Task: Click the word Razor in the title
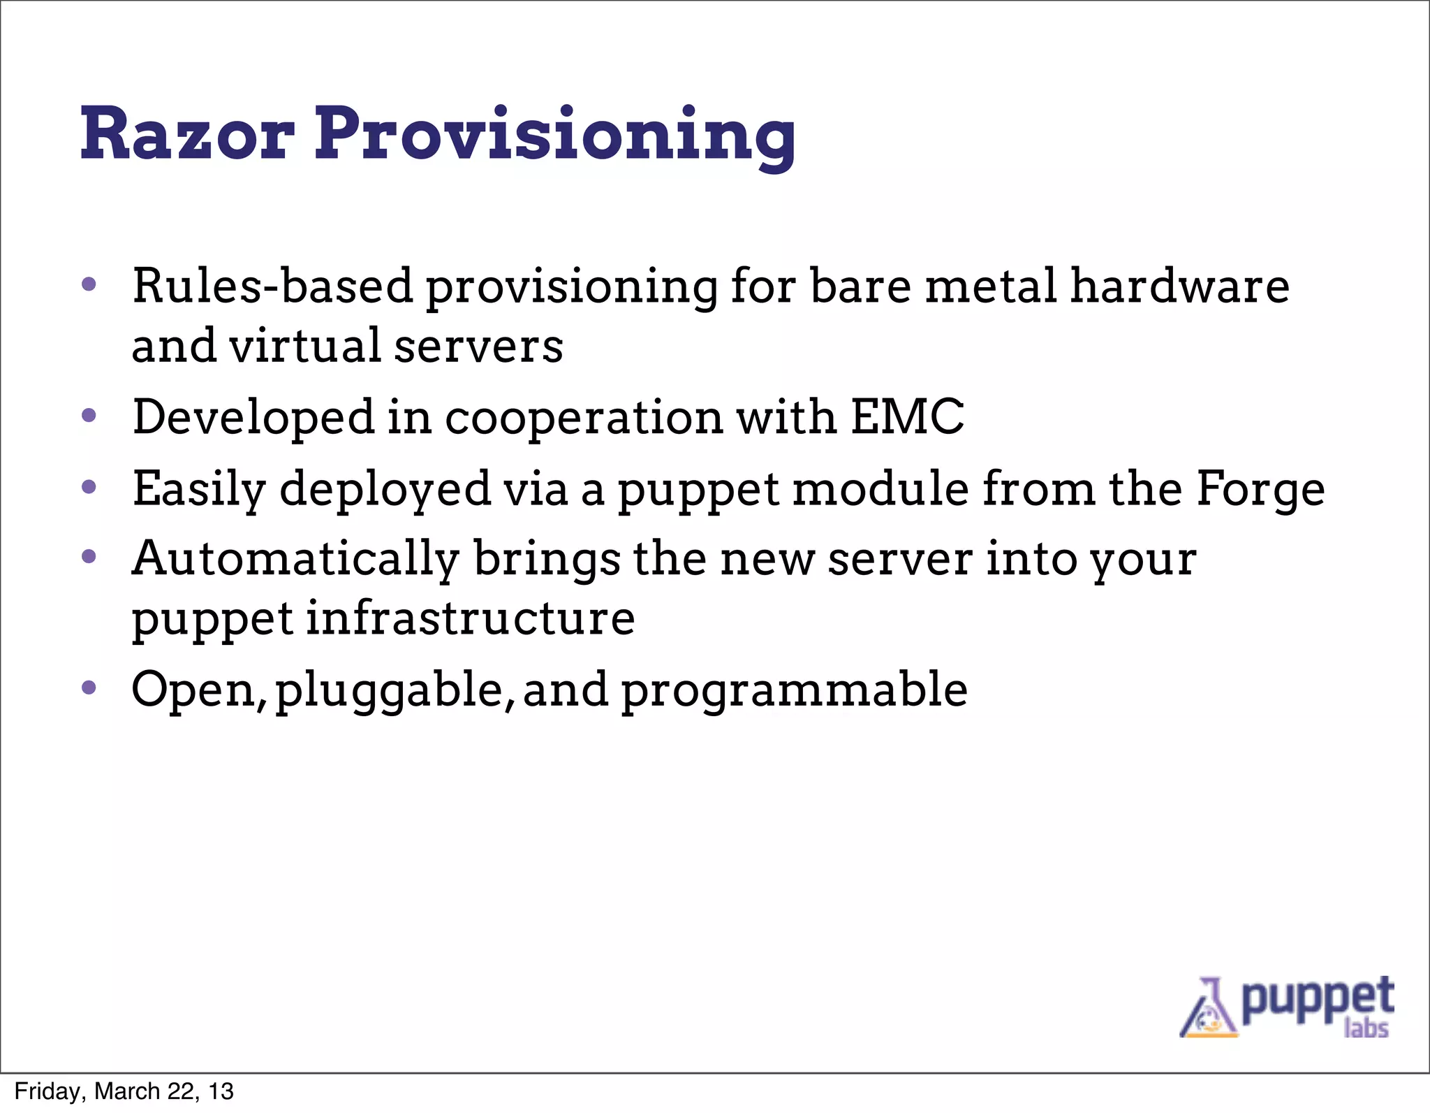click(187, 134)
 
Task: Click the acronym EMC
click(907, 416)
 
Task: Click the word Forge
click(1260, 489)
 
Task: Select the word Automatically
click(296, 560)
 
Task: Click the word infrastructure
click(470, 618)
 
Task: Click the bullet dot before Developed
click(89, 416)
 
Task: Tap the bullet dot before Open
click(89, 688)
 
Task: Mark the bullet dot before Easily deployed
click(89, 487)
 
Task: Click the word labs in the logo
click(1366, 1028)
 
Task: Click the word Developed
click(253, 417)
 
